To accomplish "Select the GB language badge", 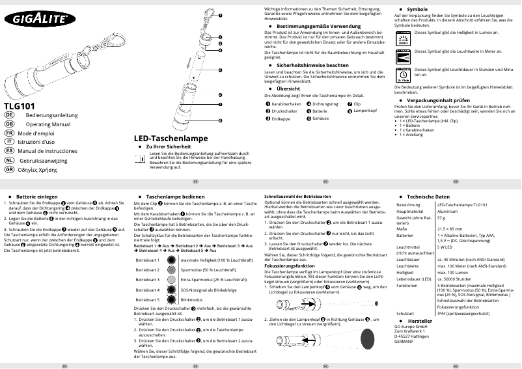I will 9,123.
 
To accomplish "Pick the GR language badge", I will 9,169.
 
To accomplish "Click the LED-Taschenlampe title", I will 171,139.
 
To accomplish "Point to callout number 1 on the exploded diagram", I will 220,15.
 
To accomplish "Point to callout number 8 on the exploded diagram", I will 220,120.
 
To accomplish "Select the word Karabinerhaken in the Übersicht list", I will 286,104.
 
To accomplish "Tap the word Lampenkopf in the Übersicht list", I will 366,112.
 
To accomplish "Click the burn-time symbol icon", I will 404,74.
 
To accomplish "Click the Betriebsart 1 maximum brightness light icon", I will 170,260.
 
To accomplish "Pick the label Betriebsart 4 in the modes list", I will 147,289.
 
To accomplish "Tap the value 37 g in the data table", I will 441,218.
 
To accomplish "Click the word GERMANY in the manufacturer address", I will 407,342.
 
